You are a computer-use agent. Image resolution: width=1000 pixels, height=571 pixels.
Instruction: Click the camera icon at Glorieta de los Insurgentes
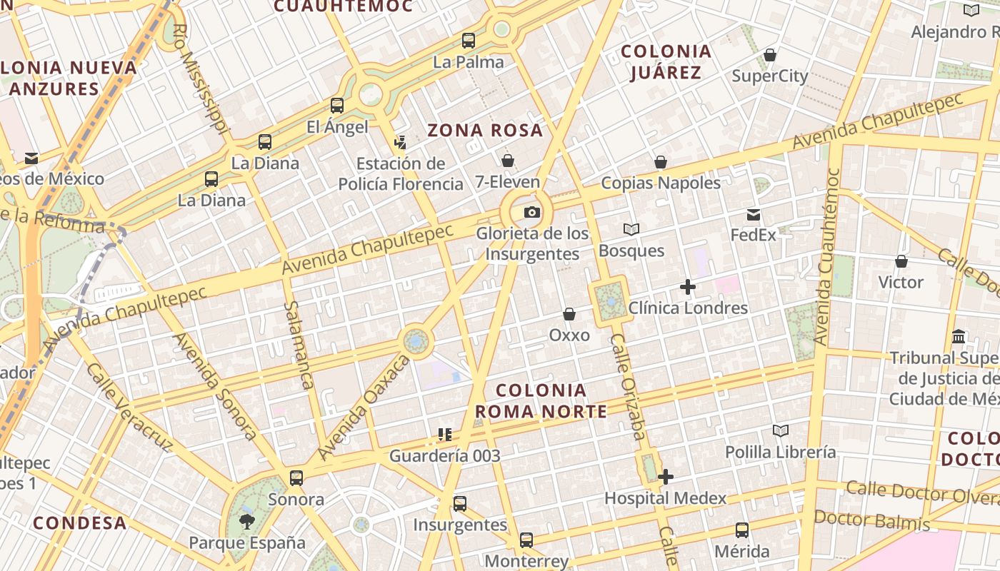pos(532,212)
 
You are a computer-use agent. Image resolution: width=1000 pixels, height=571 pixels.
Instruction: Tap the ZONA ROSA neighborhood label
pos(485,131)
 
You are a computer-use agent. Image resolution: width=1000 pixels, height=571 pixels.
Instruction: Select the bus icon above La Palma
pos(469,41)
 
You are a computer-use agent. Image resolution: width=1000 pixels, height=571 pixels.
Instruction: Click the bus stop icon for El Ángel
pos(337,106)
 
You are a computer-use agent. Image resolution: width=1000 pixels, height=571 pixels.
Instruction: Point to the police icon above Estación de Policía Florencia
pos(400,142)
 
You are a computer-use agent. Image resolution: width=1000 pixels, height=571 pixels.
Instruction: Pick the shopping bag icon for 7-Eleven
pos(508,160)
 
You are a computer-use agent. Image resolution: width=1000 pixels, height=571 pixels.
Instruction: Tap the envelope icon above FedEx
pos(754,214)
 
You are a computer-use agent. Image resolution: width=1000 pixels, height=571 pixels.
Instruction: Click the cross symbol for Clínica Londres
pos(688,287)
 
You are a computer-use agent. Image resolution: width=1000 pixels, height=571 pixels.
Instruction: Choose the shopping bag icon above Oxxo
pos(569,314)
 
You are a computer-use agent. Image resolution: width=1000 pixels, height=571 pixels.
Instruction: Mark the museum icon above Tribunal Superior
pos(959,336)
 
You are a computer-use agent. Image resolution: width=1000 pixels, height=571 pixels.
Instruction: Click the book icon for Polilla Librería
pos(781,430)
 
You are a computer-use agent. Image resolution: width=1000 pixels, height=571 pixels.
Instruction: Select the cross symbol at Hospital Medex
pos(666,477)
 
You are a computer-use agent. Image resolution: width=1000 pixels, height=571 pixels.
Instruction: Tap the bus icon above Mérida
pos(742,530)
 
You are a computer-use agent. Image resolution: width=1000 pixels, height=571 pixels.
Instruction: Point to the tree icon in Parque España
pos(246,521)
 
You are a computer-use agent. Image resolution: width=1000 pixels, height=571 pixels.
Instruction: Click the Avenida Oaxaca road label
pos(364,408)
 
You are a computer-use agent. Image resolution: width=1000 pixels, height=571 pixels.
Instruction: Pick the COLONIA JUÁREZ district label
pos(666,62)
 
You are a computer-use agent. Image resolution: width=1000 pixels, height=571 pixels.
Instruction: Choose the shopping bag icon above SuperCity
pos(770,55)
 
